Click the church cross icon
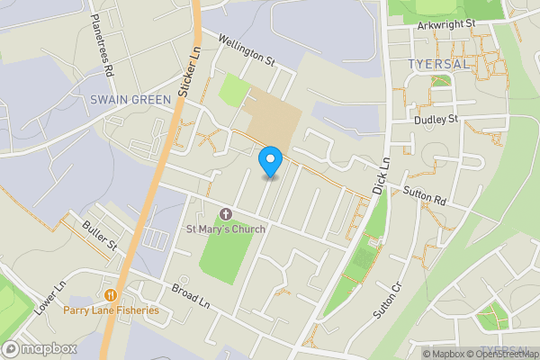(x=225, y=214)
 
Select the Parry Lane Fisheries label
(x=111, y=310)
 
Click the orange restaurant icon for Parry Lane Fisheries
(x=111, y=295)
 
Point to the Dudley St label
(x=436, y=119)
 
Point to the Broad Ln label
(x=190, y=298)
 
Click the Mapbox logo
(x=40, y=348)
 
